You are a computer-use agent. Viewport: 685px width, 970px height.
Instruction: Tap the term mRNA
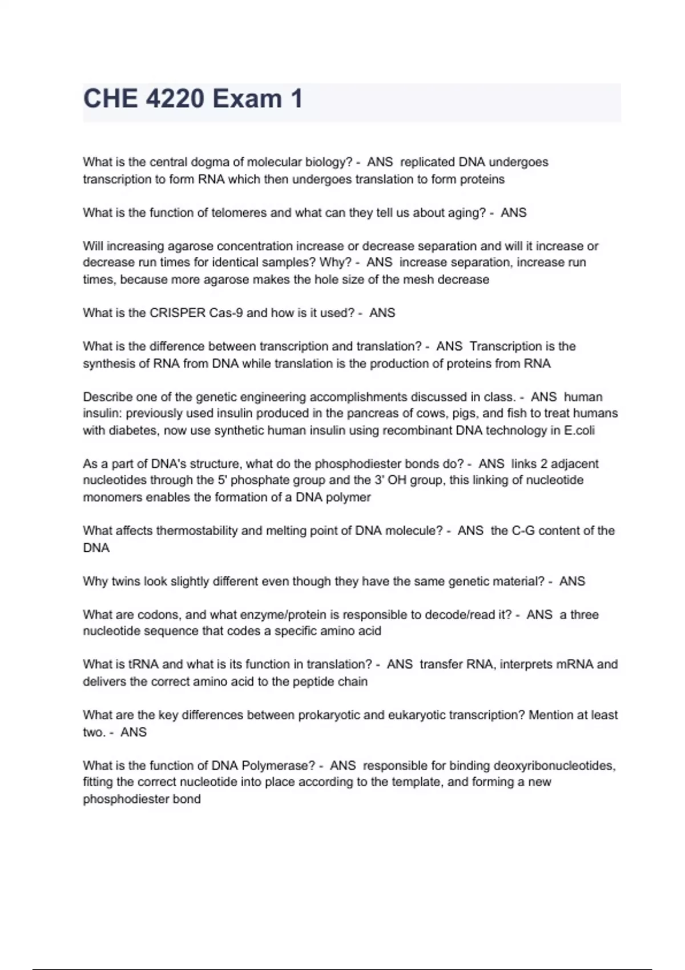[575, 664]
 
